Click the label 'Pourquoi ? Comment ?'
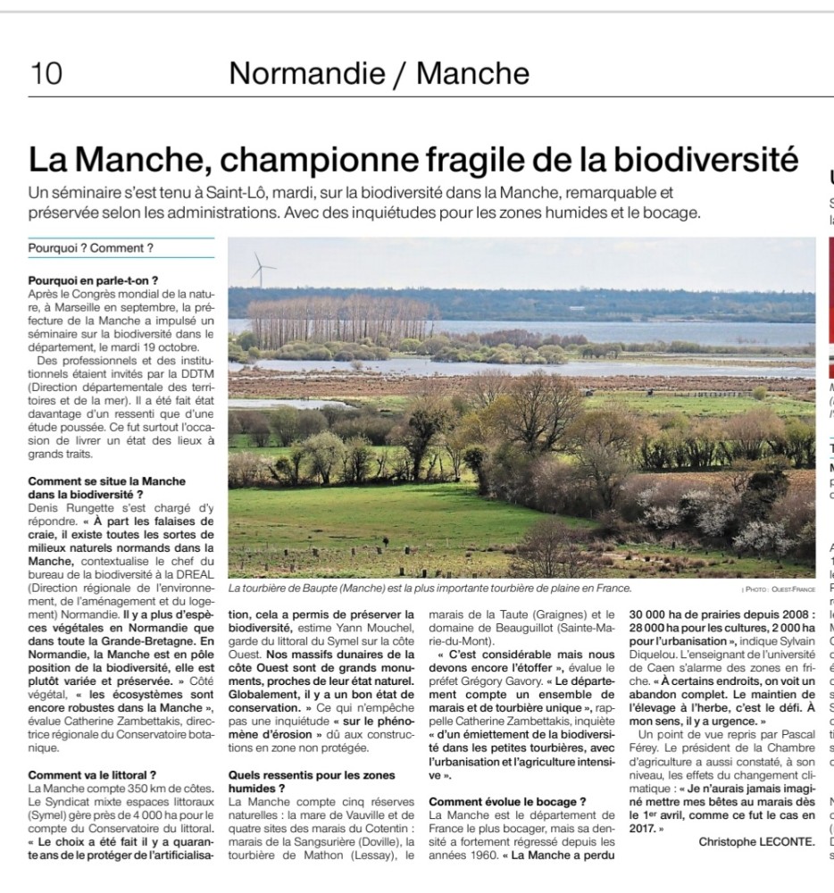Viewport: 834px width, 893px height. click(x=90, y=248)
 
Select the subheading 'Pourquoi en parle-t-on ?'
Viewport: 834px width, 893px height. click(x=93, y=280)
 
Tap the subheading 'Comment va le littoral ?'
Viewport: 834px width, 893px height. click(x=92, y=775)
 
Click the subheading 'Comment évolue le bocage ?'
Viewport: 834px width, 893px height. click(x=507, y=802)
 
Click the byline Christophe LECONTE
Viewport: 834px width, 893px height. click(x=756, y=842)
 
